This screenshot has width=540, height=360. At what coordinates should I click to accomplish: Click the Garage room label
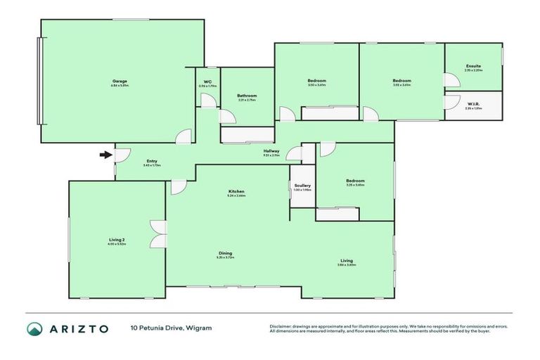point(120,81)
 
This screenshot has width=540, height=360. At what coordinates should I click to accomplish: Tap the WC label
point(207,82)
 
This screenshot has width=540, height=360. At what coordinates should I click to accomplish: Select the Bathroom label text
point(246,96)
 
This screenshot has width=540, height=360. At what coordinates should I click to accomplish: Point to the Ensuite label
point(472,67)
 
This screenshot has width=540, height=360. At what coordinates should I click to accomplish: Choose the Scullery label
point(302,186)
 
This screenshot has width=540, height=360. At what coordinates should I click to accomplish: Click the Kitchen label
point(236,192)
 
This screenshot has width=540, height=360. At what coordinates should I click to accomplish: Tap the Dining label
point(225,253)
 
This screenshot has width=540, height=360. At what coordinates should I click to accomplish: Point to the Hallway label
point(271,150)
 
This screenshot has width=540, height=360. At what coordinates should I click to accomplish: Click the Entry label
point(152,162)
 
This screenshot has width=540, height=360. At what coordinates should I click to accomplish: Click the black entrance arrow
point(105,155)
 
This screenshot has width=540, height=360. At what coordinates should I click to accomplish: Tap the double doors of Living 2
point(158,233)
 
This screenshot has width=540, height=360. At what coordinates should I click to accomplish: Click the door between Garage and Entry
point(183,137)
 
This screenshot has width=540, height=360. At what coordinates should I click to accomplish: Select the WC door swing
point(209,100)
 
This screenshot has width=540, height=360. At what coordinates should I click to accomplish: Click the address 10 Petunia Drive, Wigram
point(170,328)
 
